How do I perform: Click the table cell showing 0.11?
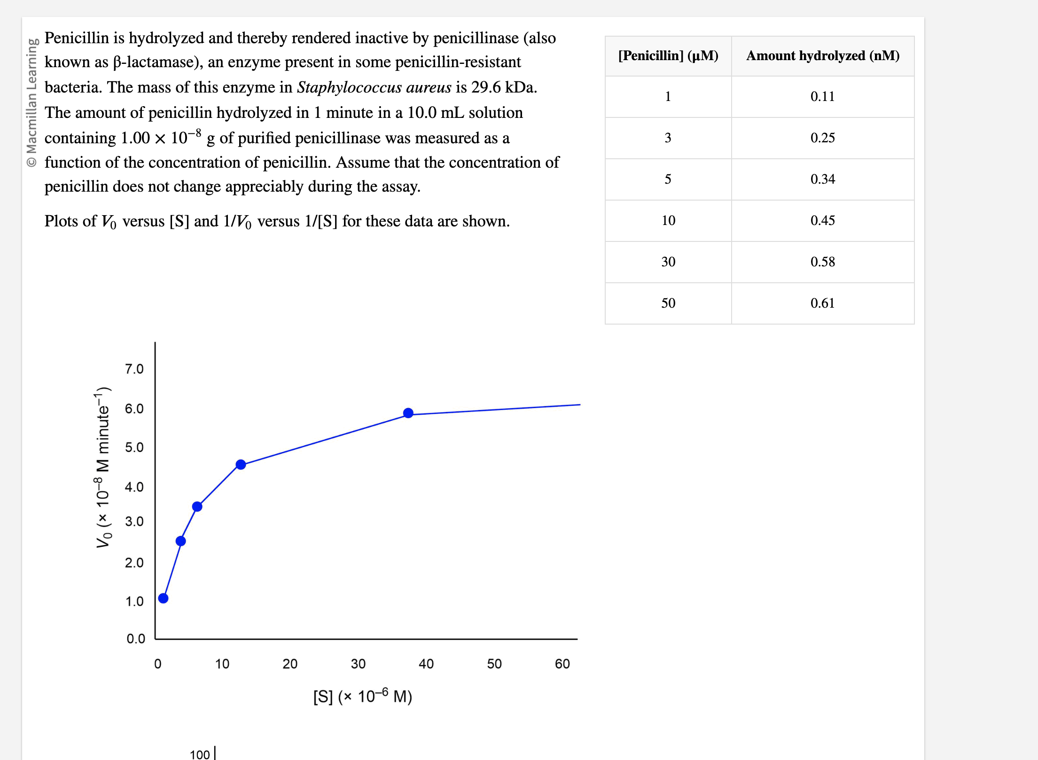[x=822, y=96]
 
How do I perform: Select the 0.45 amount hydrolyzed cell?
[x=822, y=220]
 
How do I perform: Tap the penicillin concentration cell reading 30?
[x=668, y=262]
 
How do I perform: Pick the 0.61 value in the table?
[x=822, y=303]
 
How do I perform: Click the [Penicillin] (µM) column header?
[x=668, y=55]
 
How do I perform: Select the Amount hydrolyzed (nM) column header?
[x=822, y=55]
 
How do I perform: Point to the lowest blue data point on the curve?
[x=163, y=598]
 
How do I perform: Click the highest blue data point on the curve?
[x=408, y=413]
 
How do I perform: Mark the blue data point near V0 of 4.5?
[x=241, y=465]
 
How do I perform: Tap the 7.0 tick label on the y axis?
[x=134, y=369]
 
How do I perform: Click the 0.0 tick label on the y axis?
[x=135, y=638]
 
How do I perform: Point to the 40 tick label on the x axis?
[x=426, y=664]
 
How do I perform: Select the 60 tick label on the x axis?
[x=562, y=664]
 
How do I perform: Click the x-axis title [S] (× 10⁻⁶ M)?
[x=362, y=696]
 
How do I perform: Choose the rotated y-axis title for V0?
[x=102, y=467]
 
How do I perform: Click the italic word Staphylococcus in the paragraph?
[x=349, y=87]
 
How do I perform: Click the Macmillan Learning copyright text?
[x=31, y=102]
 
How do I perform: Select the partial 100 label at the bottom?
[x=199, y=754]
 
